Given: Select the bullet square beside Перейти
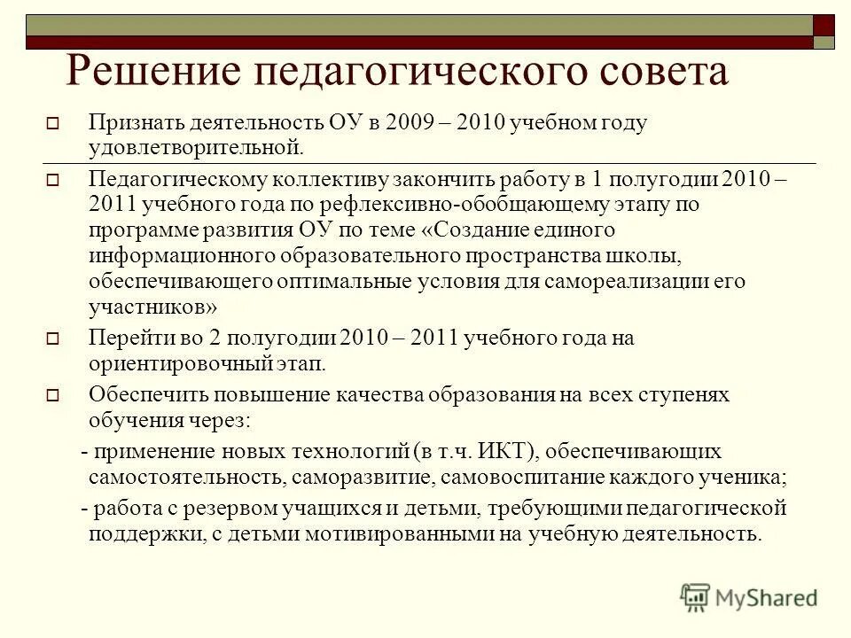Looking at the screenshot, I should click(51, 338).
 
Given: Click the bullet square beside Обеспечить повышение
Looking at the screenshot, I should click(51, 396).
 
